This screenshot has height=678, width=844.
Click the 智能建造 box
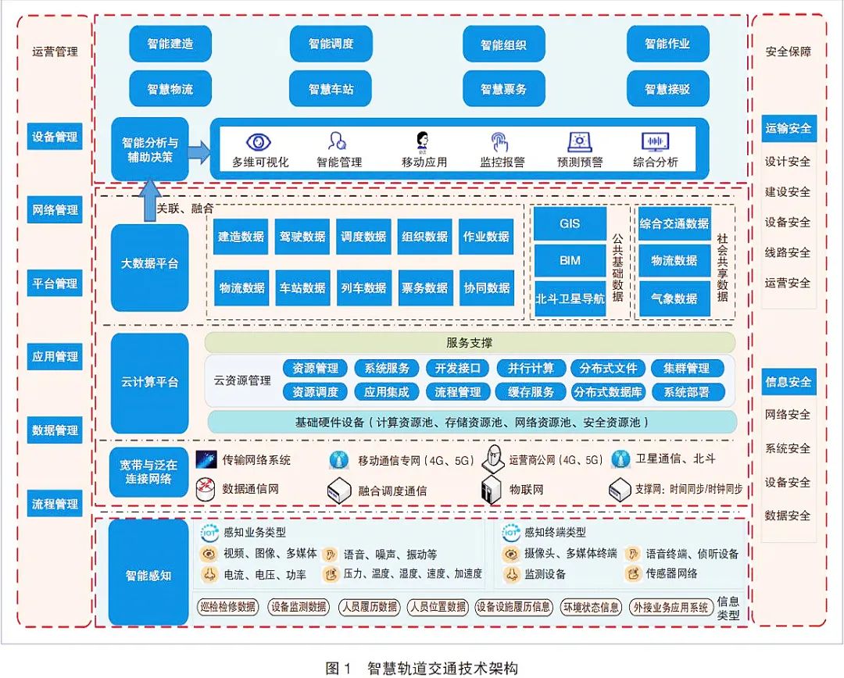pyautogui.click(x=170, y=44)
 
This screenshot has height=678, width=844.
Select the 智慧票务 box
pyautogui.click(x=503, y=89)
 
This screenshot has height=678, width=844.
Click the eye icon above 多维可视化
pyautogui.click(x=259, y=142)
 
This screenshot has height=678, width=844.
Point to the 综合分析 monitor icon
pyautogui.click(x=655, y=142)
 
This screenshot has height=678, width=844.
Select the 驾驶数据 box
pyautogui.click(x=302, y=237)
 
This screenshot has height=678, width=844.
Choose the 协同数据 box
pyautogui.click(x=487, y=287)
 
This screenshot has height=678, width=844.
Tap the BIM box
pyautogui.click(x=570, y=260)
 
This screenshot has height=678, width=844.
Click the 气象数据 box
pyautogui.click(x=674, y=298)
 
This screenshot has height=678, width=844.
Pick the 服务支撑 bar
pyautogui.click(x=470, y=342)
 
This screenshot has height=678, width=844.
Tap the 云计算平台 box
pyautogui.click(x=149, y=383)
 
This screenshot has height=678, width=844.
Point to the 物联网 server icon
pyautogui.click(x=491, y=490)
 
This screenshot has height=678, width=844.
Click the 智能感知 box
pyautogui.click(x=148, y=576)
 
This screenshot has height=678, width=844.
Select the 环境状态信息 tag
pyautogui.click(x=591, y=607)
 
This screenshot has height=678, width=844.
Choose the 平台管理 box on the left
pyautogui.click(x=55, y=283)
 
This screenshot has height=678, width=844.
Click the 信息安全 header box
pyautogui.click(x=789, y=382)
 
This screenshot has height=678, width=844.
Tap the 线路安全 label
pyautogui.click(x=788, y=252)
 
